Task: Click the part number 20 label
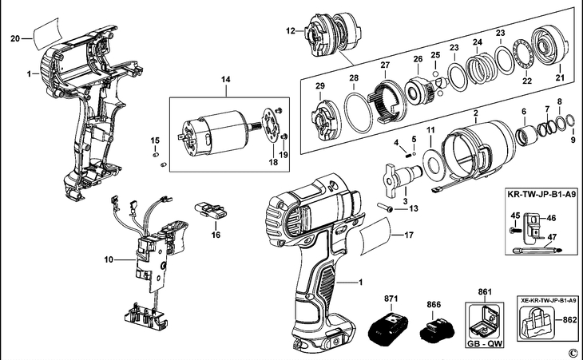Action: [14, 38]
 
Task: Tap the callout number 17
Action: [409, 235]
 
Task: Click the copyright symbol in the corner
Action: [572, 352]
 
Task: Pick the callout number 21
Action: [560, 77]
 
